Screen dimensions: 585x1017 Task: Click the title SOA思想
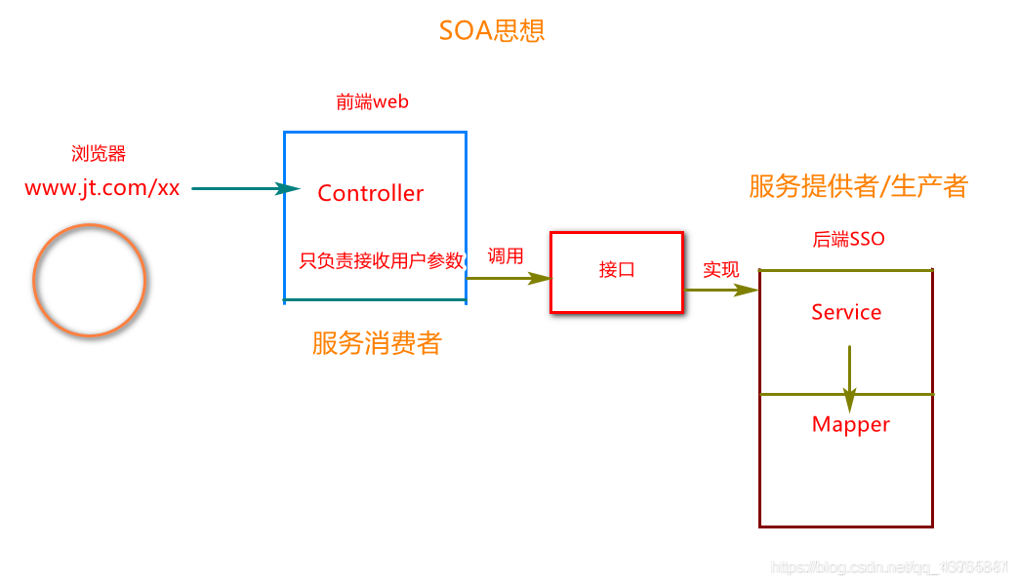point(492,31)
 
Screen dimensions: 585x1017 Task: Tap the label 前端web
point(372,102)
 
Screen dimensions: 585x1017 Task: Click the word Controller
point(371,193)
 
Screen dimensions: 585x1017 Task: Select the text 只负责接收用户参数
point(381,260)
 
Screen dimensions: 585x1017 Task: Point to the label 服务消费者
point(377,342)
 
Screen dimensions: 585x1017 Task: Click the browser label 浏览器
point(99,154)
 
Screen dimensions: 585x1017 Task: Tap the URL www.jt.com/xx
point(102,188)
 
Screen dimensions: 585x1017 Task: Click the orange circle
point(89,280)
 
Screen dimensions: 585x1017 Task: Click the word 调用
point(506,256)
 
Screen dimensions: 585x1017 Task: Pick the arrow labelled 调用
point(508,278)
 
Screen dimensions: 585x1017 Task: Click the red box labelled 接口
point(617,271)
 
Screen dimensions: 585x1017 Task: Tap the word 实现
point(721,269)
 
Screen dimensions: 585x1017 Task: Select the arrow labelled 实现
point(721,290)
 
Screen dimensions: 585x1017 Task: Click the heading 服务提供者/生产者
point(858,186)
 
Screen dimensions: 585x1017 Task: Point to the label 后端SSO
point(848,239)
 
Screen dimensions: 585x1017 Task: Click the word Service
point(846,312)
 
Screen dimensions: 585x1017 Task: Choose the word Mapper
point(851,424)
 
